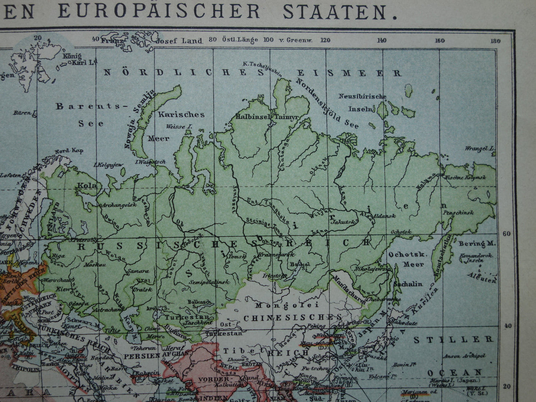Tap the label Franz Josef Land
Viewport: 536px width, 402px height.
tap(152, 41)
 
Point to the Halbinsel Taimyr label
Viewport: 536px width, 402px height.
tap(267, 117)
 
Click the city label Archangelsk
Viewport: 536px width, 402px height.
tap(115, 205)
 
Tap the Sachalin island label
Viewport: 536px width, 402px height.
tap(408, 284)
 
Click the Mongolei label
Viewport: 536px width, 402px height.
tap(287, 305)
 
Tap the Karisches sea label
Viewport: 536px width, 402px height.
tap(181, 115)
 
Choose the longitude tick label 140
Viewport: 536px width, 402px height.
tap(382, 40)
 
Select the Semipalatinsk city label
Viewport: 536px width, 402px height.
tap(209, 282)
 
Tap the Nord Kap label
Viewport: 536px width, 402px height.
tap(69, 151)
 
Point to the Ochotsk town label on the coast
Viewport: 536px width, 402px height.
tap(401, 232)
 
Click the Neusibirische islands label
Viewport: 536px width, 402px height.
tap(362, 97)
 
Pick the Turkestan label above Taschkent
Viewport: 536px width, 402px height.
tap(180, 317)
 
